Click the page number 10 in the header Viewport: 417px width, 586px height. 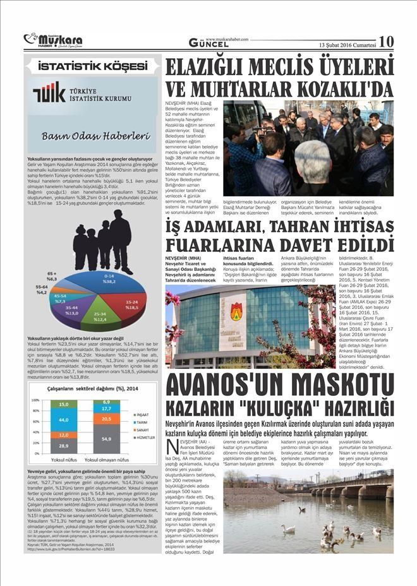point(386,42)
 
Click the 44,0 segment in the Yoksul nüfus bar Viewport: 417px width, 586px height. point(64,419)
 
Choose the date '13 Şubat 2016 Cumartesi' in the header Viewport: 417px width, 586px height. point(347,44)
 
